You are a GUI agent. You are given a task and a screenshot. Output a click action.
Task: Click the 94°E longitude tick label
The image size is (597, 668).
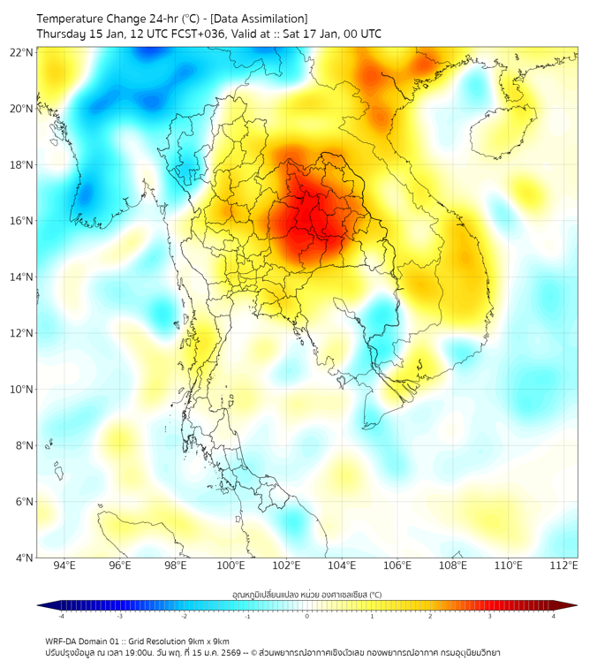(x=64, y=566)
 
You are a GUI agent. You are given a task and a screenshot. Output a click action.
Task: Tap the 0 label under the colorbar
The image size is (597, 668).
(x=307, y=616)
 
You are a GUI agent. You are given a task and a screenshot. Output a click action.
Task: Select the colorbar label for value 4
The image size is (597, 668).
(x=554, y=616)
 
